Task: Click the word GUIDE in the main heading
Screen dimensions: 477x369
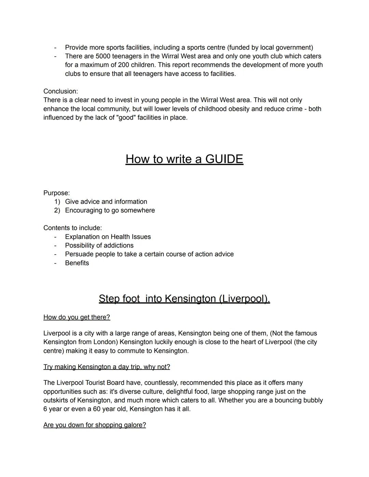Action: (224, 159)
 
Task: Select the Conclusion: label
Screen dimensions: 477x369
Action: (60, 91)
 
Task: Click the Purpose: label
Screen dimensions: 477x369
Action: (56, 193)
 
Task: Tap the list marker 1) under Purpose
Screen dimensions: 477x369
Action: (57, 202)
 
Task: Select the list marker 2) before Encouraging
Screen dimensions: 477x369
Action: (57, 210)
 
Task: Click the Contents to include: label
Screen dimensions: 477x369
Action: (72, 228)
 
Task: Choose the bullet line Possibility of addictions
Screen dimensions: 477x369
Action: (99, 245)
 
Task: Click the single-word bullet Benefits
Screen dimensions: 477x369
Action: (77, 263)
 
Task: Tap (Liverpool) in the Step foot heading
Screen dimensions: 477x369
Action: (244, 299)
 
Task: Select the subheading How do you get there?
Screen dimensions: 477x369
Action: (77, 317)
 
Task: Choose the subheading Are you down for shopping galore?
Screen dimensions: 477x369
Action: (95, 425)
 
